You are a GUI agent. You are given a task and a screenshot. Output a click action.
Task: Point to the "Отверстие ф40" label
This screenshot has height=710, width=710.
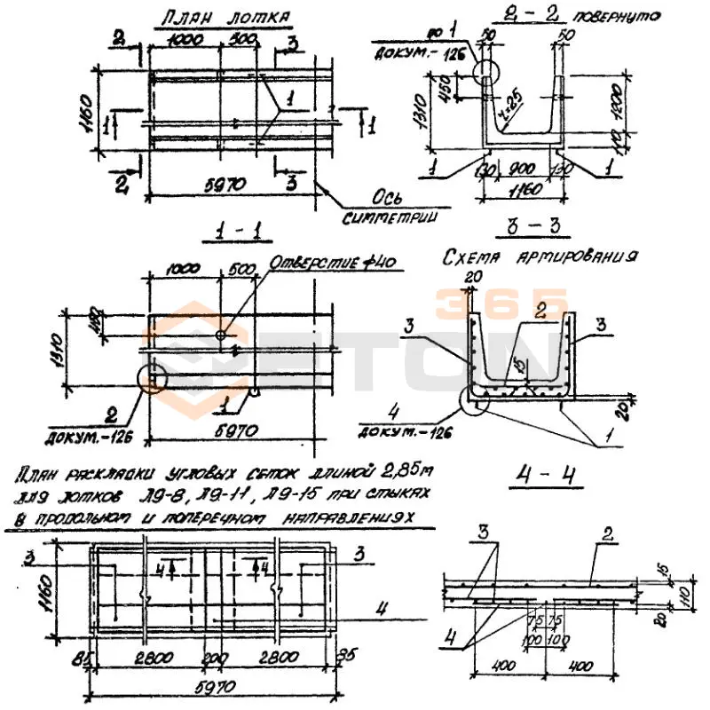tap(332, 263)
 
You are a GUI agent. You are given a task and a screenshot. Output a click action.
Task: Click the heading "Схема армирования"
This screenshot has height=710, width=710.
tap(540, 256)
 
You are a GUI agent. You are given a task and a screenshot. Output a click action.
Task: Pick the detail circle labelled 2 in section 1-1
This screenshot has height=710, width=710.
tap(154, 377)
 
